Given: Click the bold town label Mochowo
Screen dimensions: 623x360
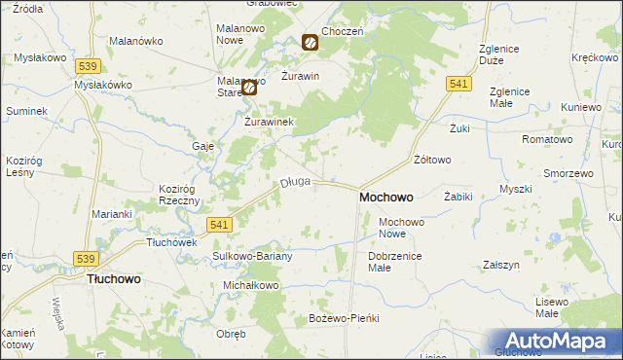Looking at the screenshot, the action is click(x=385, y=197).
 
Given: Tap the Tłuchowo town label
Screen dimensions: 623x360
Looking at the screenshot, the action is click(x=114, y=278).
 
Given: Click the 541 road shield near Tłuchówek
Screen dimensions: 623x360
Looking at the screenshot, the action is click(x=220, y=225).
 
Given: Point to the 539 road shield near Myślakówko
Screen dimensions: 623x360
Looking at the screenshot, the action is click(x=89, y=65).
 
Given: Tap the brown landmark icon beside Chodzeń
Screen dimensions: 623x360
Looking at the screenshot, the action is click(x=309, y=42).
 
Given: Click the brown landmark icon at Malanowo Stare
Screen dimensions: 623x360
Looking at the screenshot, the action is click(x=248, y=87).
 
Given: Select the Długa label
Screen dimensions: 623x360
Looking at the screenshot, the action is click(x=295, y=181).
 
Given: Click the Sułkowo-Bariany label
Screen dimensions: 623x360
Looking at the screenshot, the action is click(x=245, y=256).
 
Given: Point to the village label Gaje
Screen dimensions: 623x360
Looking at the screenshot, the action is click(x=202, y=145).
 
